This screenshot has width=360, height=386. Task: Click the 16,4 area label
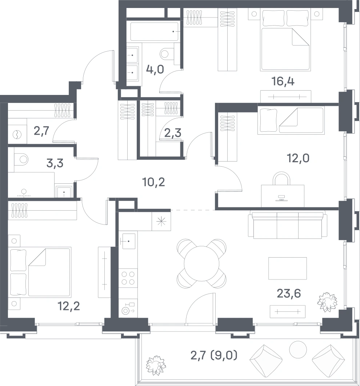click(283, 81)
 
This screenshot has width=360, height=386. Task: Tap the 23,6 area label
click(289, 294)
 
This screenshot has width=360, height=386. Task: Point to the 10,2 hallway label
click(153, 182)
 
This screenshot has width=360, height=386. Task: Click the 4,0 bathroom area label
click(155, 69)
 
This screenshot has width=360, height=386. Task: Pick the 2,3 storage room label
click(173, 133)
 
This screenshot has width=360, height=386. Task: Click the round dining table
click(201, 263)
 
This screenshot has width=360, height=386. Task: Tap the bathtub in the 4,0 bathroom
click(154, 32)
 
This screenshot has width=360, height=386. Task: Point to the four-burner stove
click(128, 278)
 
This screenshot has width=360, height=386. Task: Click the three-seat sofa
click(288, 224)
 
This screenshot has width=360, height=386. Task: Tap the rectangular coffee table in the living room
click(288, 268)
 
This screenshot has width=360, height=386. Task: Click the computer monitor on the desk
click(281, 198)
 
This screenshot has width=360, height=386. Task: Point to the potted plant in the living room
click(327, 302)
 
